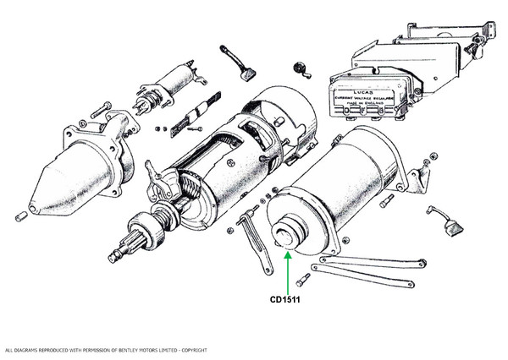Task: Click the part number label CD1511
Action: [x=289, y=298]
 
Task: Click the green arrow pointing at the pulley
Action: [x=289, y=269]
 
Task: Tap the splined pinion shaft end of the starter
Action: [x=121, y=252]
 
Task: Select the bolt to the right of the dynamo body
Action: [x=387, y=201]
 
